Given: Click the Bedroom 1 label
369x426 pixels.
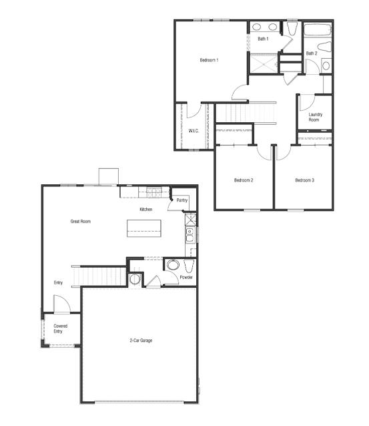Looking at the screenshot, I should [x=209, y=61].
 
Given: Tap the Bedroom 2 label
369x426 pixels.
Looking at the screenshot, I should [x=243, y=180].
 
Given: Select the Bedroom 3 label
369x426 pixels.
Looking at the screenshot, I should [x=304, y=180].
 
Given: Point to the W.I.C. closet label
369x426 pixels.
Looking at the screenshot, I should [x=194, y=130].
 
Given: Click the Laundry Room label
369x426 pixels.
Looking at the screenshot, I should [x=316, y=117].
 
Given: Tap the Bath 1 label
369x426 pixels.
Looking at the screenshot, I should [x=263, y=39].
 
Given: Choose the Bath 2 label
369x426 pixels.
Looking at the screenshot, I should [x=312, y=53].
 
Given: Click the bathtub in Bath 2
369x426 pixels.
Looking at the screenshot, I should [x=318, y=31].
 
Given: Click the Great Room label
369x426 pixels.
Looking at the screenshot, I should [x=81, y=221].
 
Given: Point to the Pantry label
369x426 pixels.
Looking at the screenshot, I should [x=181, y=200].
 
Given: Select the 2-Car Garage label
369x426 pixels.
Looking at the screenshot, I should [x=141, y=341].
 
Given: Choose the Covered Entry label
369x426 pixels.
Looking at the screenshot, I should [x=60, y=329].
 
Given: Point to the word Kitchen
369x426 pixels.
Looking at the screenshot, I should [x=146, y=210].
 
